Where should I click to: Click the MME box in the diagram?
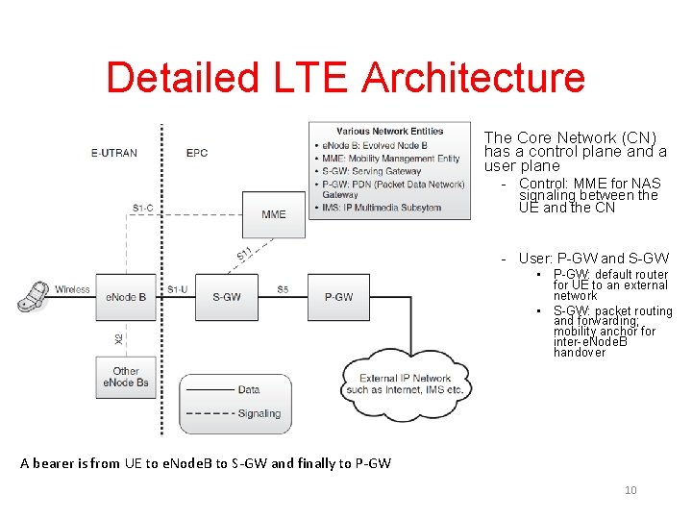274,214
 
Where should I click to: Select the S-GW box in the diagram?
227,297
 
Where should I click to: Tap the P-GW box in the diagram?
338,297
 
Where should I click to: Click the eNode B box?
126,297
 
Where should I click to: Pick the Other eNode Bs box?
126,377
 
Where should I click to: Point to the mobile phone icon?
34,295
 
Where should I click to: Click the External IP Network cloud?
405,383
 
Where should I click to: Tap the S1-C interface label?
143,208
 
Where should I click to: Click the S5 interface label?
283,289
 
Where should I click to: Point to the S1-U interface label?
178,289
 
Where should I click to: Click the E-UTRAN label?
114,153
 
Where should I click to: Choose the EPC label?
196,153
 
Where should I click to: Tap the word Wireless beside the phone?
72,289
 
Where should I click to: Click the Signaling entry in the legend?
258,413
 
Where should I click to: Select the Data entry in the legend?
249,390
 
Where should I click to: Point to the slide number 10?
630,490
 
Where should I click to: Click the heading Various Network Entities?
390,131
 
